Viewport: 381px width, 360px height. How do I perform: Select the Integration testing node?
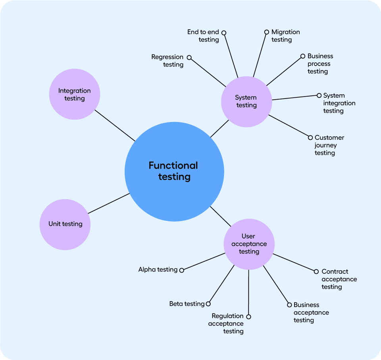(75, 94)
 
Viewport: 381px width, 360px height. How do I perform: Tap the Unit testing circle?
(65, 224)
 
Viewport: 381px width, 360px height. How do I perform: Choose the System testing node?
(246, 102)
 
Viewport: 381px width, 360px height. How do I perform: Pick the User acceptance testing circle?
(249, 244)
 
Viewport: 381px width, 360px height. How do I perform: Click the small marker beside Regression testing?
(189, 58)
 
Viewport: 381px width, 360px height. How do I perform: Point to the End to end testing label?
(203, 36)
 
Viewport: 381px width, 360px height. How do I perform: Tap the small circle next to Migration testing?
(267, 32)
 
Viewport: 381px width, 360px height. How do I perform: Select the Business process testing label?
(320, 64)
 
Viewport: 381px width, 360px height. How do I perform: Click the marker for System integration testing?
(319, 95)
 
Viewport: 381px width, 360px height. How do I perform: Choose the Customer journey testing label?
(329, 145)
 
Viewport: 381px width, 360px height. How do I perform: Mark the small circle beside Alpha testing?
(182, 270)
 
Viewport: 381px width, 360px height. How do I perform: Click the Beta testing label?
(187, 304)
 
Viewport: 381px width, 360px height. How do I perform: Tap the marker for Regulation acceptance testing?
(249, 317)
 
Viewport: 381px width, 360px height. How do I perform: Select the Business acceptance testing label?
(311, 312)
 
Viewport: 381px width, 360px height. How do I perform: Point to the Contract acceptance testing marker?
(316, 272)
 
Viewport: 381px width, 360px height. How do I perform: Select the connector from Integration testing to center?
(115, 126)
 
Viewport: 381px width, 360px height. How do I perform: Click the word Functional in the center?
(173, 165)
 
